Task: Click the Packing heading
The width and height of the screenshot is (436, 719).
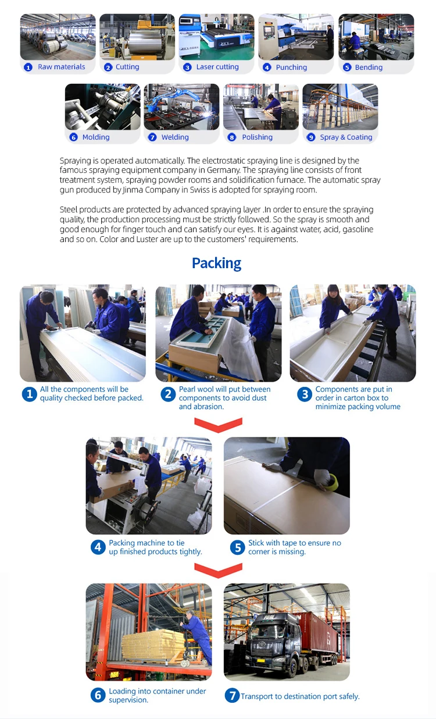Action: click(x=217, y=264)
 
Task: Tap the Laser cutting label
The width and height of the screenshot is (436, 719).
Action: click(x=217, y=67)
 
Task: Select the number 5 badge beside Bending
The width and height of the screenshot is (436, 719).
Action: click(x=347, y=67)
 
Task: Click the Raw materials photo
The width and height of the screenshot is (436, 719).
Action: click(x=58, y=37)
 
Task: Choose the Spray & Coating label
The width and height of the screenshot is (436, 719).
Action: click(x=346, y=137)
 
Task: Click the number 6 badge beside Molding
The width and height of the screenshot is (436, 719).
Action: click(x=73, y=137)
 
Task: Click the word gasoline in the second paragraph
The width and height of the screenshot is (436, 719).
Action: click(x=358, y=229)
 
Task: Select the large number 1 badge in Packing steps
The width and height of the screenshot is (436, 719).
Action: click(x=30, y=394)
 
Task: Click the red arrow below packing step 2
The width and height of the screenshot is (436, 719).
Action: click(x=218, y=424)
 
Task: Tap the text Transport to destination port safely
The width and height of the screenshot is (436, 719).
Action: click(x=300, y=696)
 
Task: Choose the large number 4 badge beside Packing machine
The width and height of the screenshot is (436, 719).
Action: click(x=98, y=547)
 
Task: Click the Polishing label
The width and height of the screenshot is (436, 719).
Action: click(x=258, y=137)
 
